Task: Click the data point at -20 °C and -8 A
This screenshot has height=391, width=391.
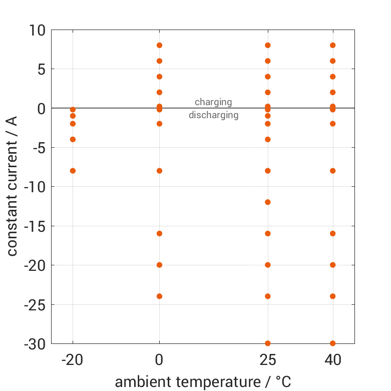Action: coord(73,171)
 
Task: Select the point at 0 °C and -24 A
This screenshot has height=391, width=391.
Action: coord(159,296)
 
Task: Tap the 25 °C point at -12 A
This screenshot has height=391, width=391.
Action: coord(268,202)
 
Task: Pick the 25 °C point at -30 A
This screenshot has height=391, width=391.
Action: coord(268,343)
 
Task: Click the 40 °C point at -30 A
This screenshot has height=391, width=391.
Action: coord(332,343)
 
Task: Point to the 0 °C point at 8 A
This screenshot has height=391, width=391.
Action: coord(159,45)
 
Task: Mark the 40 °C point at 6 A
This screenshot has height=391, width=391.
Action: coord(332,61)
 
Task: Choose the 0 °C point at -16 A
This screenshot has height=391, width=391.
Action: coord(159,233)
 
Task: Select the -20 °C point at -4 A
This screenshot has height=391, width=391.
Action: coord(73,139)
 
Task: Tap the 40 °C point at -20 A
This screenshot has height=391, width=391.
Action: coord(332,265)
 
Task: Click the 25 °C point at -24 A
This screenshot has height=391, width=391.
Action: coord(268,296)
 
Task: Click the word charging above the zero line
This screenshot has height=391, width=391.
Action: coord(213,102)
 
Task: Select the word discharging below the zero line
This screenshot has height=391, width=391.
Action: coord(213,115)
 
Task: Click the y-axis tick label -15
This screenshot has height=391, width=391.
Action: coord(33,226)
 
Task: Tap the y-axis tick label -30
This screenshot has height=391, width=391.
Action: coord(33,344)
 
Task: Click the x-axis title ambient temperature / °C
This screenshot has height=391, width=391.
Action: coord(203,382)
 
